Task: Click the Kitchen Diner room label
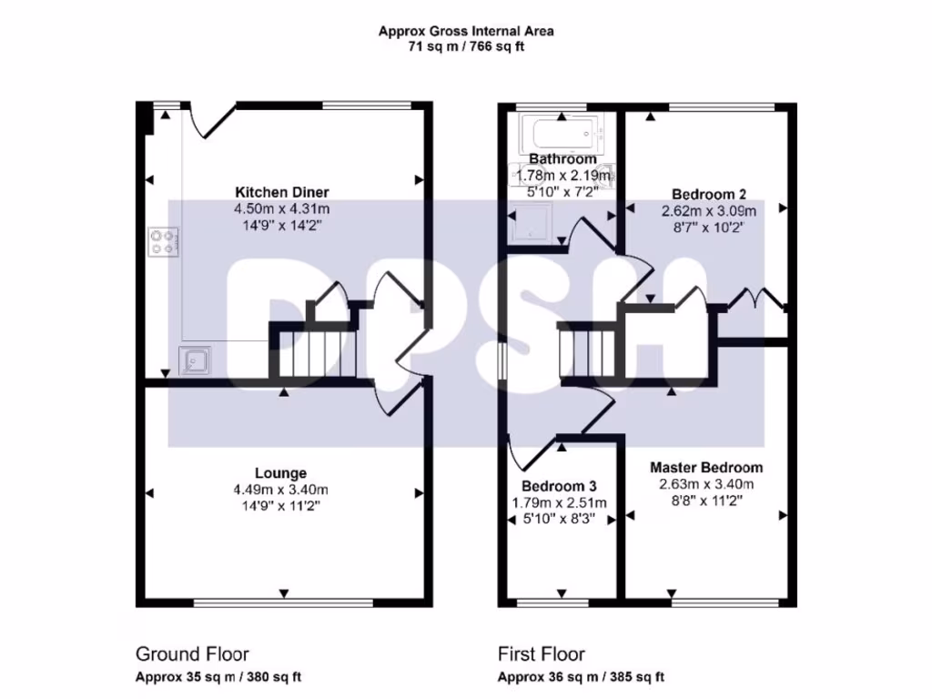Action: tap(282, 192)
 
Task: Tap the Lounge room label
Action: tap(280, 473)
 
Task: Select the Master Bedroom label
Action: tap(706, 468)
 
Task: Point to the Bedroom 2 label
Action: tap(708, 195)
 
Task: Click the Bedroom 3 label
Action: tap(559, 486)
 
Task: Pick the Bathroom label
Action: tap(562, 158)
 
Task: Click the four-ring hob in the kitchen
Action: tap(163, 242)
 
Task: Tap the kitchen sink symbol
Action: tap(195, 360)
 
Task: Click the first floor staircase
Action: tap(587, 352)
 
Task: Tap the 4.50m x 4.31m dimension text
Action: tap(282, 209)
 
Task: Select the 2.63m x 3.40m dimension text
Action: tap(706, 484)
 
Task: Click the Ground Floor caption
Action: tap(192, 654)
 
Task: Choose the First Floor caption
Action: tap(542, 654)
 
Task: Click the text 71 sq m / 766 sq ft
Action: tap(466, 46)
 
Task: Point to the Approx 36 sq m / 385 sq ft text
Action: tap(581, 677)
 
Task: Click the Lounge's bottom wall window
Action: tap(284, 603)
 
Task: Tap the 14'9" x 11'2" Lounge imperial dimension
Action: tap(280, 506)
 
